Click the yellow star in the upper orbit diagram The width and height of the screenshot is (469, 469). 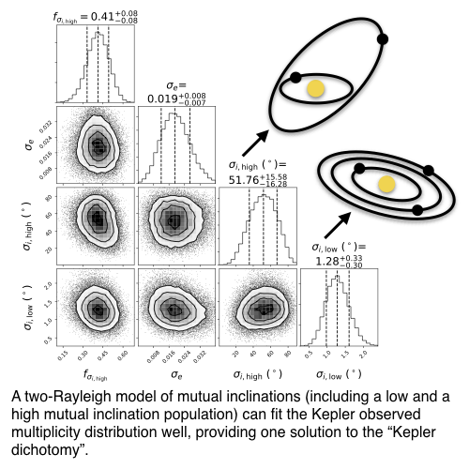point(315,88)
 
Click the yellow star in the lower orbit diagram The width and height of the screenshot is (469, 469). point(386,184)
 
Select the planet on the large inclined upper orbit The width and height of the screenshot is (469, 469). point(383,39)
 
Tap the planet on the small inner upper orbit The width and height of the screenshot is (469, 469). point(295,77)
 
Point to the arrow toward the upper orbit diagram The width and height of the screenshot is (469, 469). point(255,143)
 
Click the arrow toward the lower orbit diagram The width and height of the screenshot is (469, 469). point(338,225)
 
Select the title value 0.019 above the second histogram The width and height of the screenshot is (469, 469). point(162,98)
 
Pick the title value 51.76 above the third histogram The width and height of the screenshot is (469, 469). point(244,180)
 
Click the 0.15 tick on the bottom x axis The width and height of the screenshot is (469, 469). point(63,356)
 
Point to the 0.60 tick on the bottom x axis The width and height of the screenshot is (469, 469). point(123,356)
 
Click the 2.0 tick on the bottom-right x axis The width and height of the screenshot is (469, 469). point(362,355)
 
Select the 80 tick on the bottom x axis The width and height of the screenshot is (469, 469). point(287,354)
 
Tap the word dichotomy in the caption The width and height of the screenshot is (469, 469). point(44,450)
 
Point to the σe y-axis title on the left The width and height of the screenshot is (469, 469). point(29,144)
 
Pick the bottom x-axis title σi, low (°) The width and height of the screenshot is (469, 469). point(339,374)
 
